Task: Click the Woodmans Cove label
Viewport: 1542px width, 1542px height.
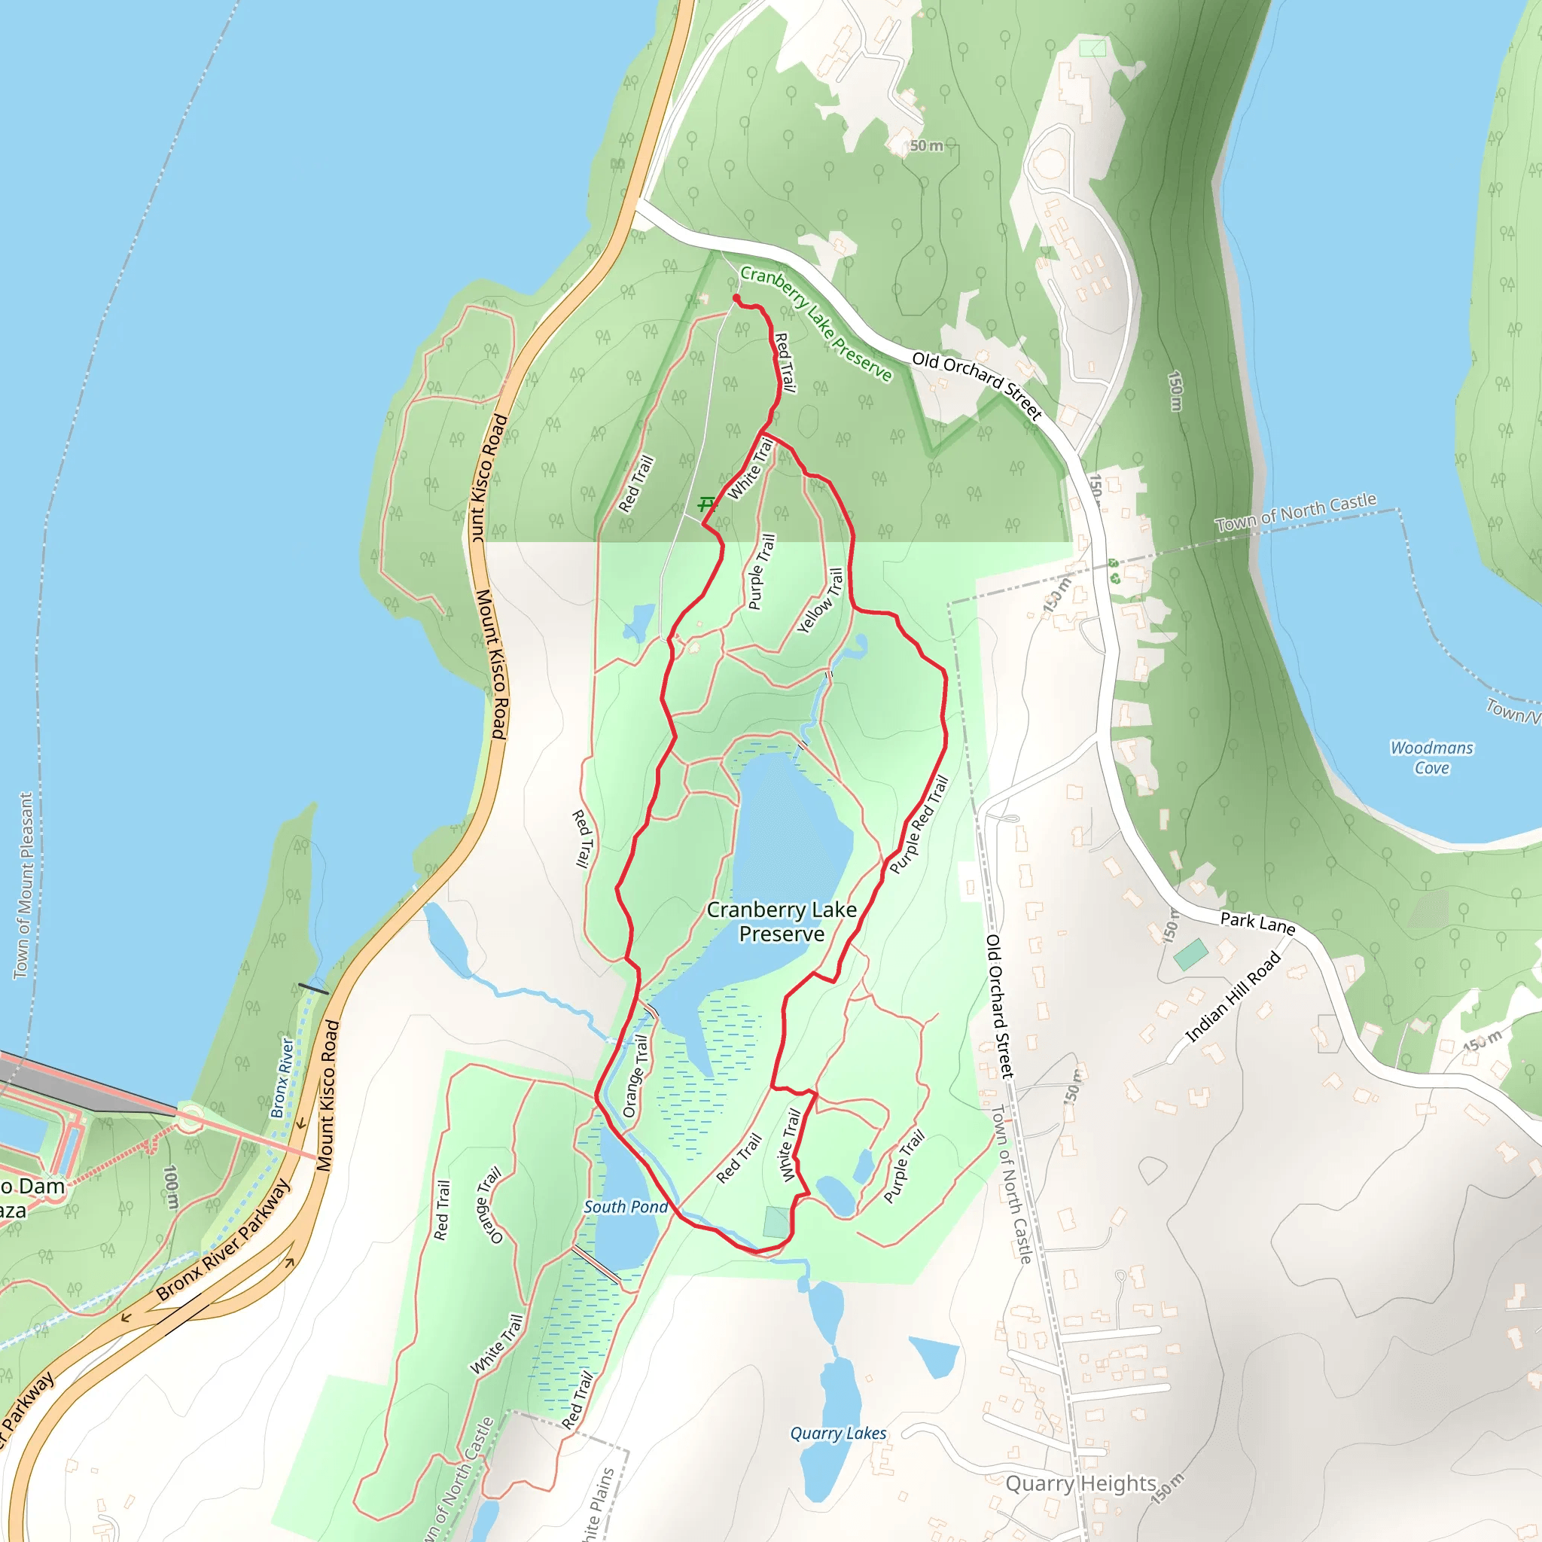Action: pyautogui.click(x=1432, y=757)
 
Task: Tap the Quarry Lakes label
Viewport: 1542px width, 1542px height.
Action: pyautogui.click(x=838, y=1434)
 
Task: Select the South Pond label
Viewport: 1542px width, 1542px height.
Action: pyautogui.click(x=626, y=1207)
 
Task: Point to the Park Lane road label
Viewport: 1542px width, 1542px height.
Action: pyautogui.click(x=1257, y=922)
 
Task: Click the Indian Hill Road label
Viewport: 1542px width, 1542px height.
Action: pyautogui.click(x=1233, y=998)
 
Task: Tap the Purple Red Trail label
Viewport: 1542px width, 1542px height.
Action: pyautogui.click(x=919, y=824)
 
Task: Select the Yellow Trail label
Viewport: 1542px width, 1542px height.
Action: pyautogui.click(x=821, y=601)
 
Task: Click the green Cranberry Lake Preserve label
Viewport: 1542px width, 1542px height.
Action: pyautogui.click(x=815, y=322)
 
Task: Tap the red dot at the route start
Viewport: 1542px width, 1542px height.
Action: pyautogui.click(x=736, y=298)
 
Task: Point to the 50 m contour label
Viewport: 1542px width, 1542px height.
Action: pyautogui.click(x=927, y=146)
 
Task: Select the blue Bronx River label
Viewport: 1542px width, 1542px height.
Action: pyautogui.click(x=282, y=1077)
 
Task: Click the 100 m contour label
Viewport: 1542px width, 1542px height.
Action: pyautogui.click(x=170, y=1187)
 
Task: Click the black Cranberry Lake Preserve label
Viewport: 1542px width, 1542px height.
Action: pyautogui.click(x=782, y=921)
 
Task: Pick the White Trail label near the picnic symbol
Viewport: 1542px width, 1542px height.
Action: pyautogui.click(x=750, y=468)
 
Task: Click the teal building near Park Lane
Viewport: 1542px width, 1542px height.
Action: pyautogui.click(x=1191, y=955)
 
